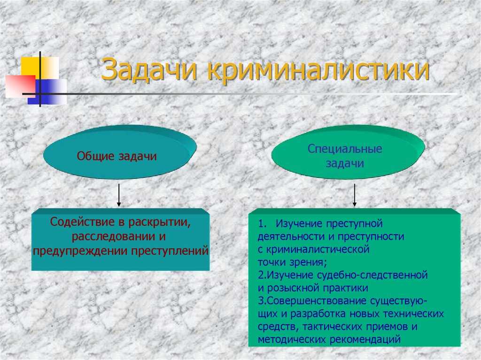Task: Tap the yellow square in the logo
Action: [x=40, y=68]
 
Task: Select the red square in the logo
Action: [x=21, y=86]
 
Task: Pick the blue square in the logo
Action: [x=47, y=92]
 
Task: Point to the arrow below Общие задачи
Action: [x=119, y=195]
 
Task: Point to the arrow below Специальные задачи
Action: [x=355, y=195]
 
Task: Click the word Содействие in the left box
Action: [x=83, y=222]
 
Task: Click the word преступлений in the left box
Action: [x=170, y=252]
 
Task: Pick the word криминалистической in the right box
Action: [x=318, y=249]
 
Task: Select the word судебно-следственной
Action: [x=372, y=275]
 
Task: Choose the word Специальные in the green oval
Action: [x=345, y=149]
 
